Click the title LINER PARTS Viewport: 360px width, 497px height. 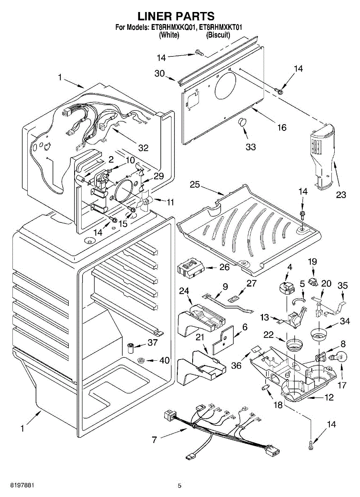(x=176, y=16)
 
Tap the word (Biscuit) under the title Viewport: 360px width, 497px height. (x=218, y=35)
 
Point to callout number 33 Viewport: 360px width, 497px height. (x=250, y=147)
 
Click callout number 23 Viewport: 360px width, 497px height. (x=341, y=195)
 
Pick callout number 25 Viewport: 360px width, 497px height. (x=195, y=184)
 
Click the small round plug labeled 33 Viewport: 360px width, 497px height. (x=241, y=123)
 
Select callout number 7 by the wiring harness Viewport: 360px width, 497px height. (x=154, y=440)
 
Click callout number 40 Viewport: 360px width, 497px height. (x=164, y=360)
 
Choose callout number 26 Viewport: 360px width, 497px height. (x=224, y=267)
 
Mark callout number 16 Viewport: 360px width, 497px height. (x=281, y=128)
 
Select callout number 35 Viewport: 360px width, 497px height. (x=343, y=285)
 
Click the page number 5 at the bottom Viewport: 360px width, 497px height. (x=179, y=485)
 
